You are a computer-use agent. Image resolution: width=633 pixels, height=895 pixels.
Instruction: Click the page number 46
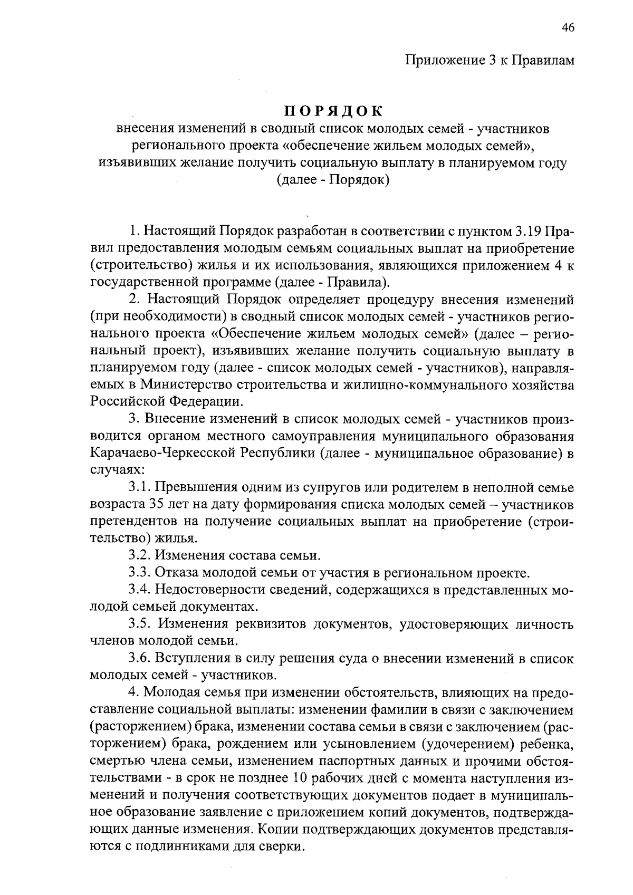[568, 28]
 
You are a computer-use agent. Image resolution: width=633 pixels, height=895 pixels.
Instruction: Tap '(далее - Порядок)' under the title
[333, 180]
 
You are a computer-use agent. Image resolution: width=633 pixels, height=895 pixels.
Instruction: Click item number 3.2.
[139, 555]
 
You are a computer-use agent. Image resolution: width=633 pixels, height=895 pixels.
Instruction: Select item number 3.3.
[139, 573]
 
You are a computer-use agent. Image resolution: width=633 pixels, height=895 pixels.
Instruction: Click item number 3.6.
[139, 658]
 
